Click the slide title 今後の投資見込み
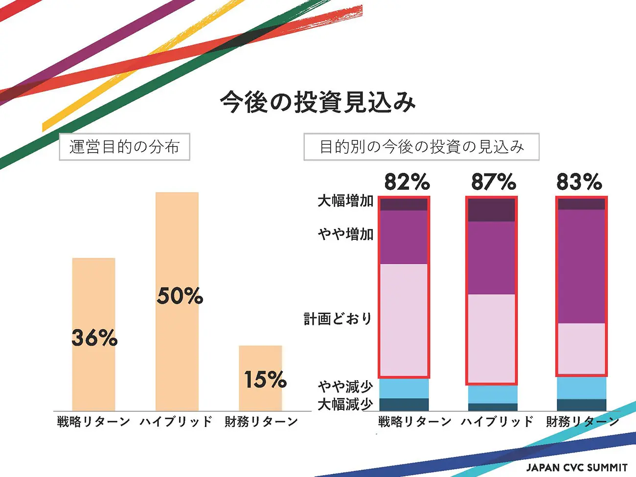pyautogui.click(x=318, y=102)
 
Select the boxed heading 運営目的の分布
pyautogui.click(x=124, y=147)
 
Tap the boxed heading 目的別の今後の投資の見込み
pyautogui.click(x=421, y=147)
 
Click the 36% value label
pyautogui.click(x=94, y=338)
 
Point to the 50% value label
pyautogui.click(x=180, y=295)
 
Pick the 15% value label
pyautogui.click(x=265, y=379)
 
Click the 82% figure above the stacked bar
pyautogui.click(x=407, y=182)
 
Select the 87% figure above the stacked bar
pyautogui.click(x=493, y=182)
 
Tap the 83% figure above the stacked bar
pyautogui.click(x=579, y=182)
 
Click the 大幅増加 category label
pyautogui.click(x=345, y=201)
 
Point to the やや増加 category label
pyautogui.click(x=345, y=234)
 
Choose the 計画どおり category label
pyautogui.click(x=338, y=319)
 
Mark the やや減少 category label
pyautogui.click(x=345, y=386)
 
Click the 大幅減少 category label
pyautogui.click(x=345, y=405)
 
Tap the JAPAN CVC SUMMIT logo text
pyautogui.click(x=577, y=467)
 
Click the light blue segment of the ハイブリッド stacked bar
pyautogui.click(x=492, y=394)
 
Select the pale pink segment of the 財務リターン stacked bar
pyautogui.click(x=581, y=349)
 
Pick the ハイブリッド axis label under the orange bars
pyautogui.click(x=176, y=421)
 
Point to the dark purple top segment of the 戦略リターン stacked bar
pyautogui.click(x=404, y=204)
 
